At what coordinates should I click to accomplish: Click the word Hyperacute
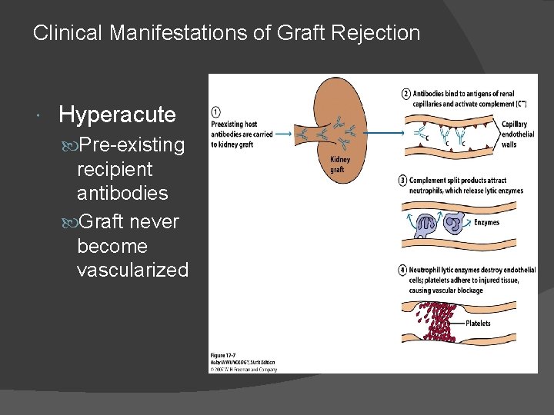click(x=117, y=115)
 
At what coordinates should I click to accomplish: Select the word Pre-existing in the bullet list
click(x=132, y=144)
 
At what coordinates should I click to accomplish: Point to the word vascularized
click(x=132, y=270)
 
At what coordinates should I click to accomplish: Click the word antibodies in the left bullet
click(x=122, y=194)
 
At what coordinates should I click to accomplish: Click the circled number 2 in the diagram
click(x=405, y=94)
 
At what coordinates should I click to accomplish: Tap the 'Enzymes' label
click(x=486, y=223)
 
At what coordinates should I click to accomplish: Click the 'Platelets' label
click(x=477, y=324)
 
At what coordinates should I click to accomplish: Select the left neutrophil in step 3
click(x=424, y=224)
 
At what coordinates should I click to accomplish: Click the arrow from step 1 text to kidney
click(x=283, y=134)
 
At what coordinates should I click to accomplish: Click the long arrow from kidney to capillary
click(x=385, y=133)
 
